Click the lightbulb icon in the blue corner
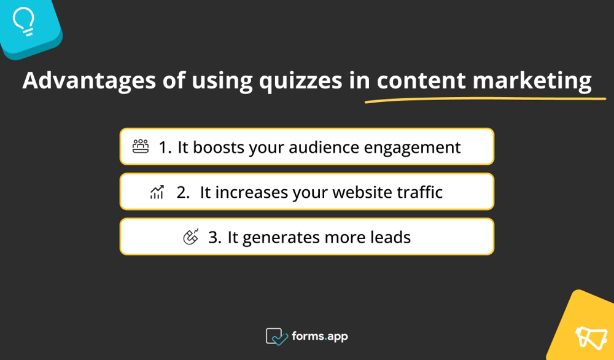click(24, 22)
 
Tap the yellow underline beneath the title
click(485, 99)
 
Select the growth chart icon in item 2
click(157, 193)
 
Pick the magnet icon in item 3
click(191, 237)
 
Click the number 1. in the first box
click(165, 147)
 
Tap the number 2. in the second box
click(182, 192)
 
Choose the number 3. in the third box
click(214, 237)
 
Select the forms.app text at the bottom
click(320, 337)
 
